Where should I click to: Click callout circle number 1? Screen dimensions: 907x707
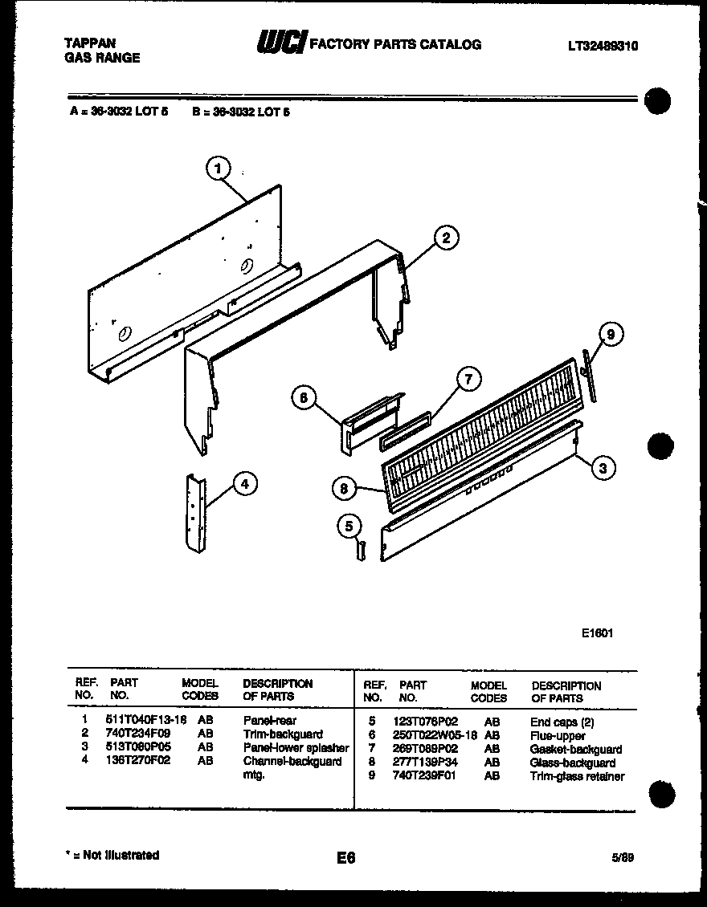pos(217,168)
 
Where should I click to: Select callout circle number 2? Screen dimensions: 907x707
pos(446,237)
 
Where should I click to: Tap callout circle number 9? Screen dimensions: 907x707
pos(611,335)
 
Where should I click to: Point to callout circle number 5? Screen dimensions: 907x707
pos(349,527)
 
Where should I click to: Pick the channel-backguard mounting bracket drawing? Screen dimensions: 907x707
pos(194,513)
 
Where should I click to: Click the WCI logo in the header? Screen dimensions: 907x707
pos(280,45)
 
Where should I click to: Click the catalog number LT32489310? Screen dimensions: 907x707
pos(603,47)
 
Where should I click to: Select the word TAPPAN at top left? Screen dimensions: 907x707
pos(89,43)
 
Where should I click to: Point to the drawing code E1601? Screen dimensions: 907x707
pos(598,632)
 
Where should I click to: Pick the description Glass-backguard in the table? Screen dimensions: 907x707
pos(573,763)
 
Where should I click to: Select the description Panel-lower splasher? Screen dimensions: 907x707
pos(296,747)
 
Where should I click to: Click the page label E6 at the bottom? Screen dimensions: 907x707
pos(345,858)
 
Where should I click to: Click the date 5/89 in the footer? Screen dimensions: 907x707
pos(622,856)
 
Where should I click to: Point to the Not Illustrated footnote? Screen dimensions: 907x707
pos(112,855)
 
